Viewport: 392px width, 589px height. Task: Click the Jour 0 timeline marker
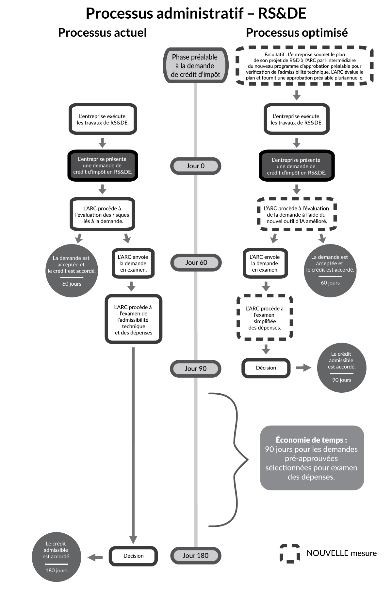tap(195, 166)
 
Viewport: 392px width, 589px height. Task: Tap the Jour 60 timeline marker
tap(196, 262)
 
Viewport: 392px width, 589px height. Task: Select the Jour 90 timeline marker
tap(195, 368)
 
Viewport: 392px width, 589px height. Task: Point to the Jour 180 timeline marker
tap(195, 555)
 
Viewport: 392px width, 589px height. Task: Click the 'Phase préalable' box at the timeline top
tap(195, 65)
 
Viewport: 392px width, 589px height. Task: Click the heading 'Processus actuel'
tap(102, 33)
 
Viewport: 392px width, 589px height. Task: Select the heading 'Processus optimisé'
tap(297, 33)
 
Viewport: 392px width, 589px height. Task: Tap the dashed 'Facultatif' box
tap(304, 66)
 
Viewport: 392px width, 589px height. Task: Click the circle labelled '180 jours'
tap(57, 557)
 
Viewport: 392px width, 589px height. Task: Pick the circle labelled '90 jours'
tap(341, 367)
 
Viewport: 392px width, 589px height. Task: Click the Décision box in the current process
tap(133, 556)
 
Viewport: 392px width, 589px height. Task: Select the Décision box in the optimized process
tap(266, 368)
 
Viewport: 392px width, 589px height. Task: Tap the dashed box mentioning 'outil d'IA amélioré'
tap(297, 215)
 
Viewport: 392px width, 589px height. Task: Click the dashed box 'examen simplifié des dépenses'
tap(265, 318)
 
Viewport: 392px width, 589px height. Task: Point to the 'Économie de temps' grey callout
tap(312, 458)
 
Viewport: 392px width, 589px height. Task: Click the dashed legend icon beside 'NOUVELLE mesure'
tap(289, 553)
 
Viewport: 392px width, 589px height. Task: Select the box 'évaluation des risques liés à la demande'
tap(102, 215)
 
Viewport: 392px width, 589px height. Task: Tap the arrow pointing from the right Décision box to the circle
tap(303, 368)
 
